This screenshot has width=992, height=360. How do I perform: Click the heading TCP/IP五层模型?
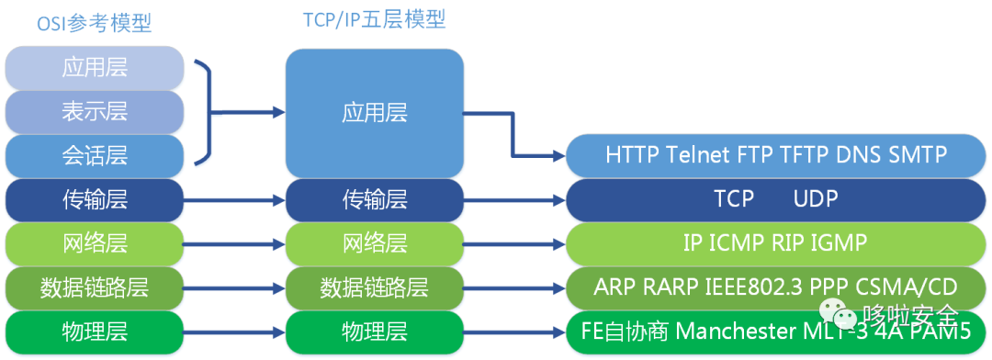(x=374, y=19)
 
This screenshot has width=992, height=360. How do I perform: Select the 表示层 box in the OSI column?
(x=95, y=112)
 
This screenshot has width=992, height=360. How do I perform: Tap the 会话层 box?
(x=95, y=155)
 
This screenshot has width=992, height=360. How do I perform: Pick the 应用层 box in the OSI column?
(x=95, y=68)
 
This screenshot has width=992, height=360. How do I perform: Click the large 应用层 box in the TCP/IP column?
(x=374, y=112)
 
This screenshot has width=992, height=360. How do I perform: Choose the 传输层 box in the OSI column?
(x=95, y=198)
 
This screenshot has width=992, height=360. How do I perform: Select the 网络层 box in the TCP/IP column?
(x=374, y=243)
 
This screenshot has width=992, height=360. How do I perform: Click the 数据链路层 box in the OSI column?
(x=95, y=287)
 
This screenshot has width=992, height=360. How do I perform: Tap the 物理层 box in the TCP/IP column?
(x=374, y=331)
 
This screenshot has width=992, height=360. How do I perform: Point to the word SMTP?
(x=917, y=154)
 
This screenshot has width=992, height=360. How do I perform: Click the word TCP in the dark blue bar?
(x=733, y=199)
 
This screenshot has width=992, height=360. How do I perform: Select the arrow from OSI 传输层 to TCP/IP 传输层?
(x=234, y=199)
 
